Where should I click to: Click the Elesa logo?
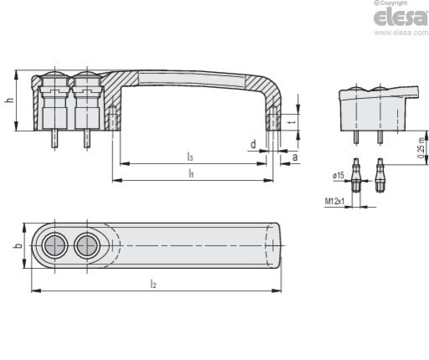[401, 17]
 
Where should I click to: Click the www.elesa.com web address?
[401, 33]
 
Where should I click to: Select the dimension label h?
[10, 100]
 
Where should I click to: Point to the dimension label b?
[18, 246]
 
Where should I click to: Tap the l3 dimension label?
[190, 157]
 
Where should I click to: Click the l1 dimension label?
[191, 173]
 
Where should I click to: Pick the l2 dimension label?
[153, 284]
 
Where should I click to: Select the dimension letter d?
[253, 144]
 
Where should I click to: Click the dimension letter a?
[295, 157]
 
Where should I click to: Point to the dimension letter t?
[292, 122]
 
